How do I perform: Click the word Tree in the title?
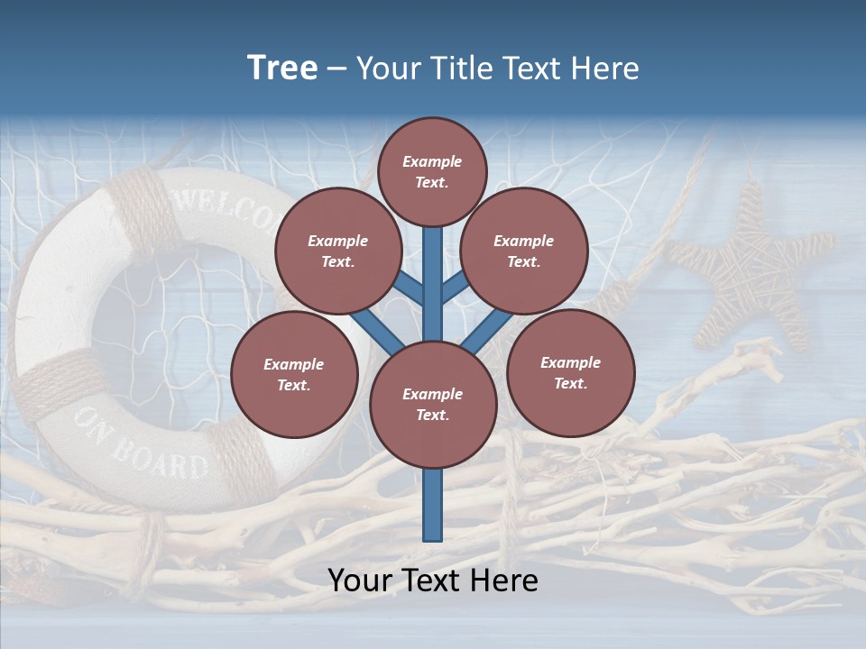pos(282,68)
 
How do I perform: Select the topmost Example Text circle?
pos(432,171)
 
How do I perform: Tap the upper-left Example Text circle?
pos(337,251)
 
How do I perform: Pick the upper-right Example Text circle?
pos(523,251)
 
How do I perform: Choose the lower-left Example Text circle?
pos(294,374)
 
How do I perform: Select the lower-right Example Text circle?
pos(570,372)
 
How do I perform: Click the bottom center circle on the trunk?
pos(433,405)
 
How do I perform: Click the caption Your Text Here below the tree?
pos(433,580)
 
